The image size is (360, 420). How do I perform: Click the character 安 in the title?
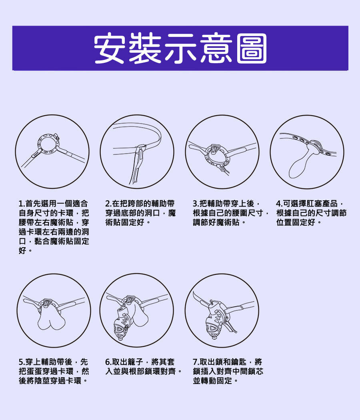click(110, 48)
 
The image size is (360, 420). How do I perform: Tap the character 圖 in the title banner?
click(252, 48)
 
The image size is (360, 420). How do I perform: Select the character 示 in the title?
click(180, 48)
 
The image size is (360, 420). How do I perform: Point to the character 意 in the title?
click(216, 48)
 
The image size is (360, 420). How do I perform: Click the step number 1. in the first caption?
click(22, 204)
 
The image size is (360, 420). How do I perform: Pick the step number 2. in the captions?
click(108, 204)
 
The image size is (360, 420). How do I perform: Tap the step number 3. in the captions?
click(196, 204)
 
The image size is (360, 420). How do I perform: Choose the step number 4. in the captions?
click(279, 204)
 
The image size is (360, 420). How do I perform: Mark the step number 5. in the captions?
click(22, 362)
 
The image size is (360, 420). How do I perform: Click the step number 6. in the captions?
click(108, 362)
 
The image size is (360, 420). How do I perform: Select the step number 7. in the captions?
click(196, 362)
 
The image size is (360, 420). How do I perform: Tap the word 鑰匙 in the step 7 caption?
click(239, 362)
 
